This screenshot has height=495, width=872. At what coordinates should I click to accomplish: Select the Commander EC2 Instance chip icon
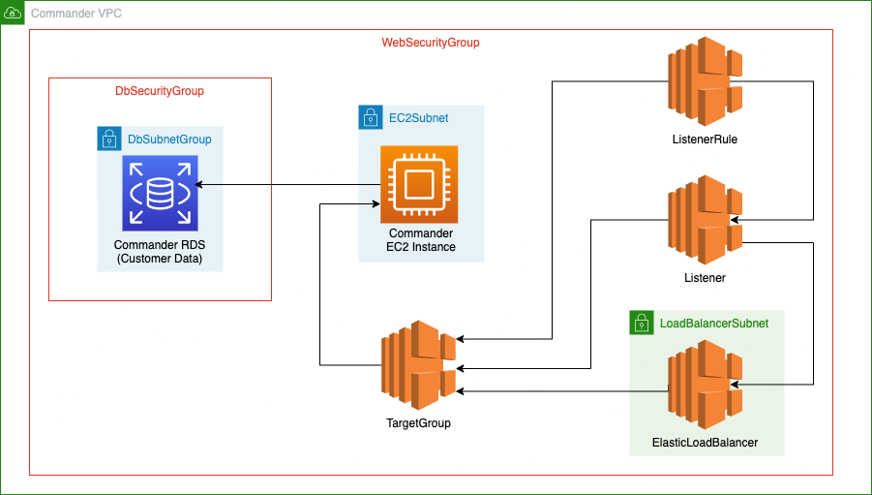tap(419, 184)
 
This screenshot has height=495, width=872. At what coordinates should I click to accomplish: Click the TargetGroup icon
tap(418, 365)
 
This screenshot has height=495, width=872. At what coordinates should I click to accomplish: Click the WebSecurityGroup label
tap(431, 44)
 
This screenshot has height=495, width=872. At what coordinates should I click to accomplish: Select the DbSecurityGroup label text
tap(160, 91)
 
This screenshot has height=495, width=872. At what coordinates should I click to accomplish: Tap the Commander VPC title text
tap(76, 13)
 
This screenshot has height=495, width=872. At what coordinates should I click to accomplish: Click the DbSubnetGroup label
tap(170, 139)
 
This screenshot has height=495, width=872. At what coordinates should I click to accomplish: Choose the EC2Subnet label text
tap(418, 118)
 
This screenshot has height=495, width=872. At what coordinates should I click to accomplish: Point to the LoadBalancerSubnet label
tap(714, 324)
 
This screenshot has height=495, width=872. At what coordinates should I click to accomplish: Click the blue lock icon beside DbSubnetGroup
tap(109, 139)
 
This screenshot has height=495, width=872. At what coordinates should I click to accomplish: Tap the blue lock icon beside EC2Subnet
tap(370, 118)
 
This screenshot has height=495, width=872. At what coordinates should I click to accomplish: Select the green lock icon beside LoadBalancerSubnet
tap(641, 323)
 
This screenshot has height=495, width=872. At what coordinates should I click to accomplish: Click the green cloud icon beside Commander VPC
tap(13, 13)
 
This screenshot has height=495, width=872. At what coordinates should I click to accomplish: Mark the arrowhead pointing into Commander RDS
tap(198, 183)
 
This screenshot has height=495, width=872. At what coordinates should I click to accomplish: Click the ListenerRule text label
tap(705, 139)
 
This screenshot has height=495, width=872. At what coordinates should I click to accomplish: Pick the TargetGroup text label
tap(418, 423)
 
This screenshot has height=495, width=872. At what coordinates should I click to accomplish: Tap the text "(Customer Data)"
tap(159, 258)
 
